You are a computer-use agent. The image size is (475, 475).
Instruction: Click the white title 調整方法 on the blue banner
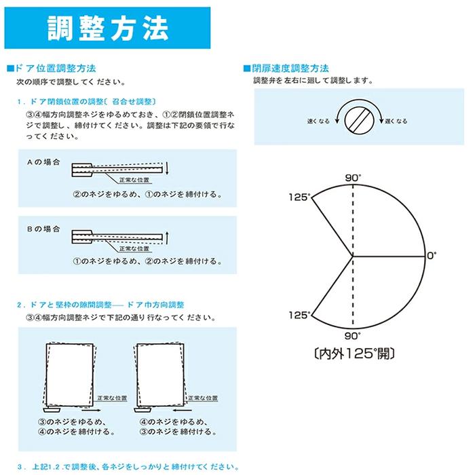(x=108, y=28)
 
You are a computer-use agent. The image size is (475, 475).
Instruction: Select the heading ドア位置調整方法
(x=55, y=68)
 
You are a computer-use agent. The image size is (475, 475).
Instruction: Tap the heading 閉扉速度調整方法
(x=290, y=68)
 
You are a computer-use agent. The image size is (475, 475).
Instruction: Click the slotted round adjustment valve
(x=359, y=120)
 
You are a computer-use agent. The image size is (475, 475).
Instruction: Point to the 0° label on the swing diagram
(x=432, y=256)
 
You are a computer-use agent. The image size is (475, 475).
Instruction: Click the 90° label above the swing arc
(x=353, y=178)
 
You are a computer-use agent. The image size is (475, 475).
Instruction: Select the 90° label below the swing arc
(x=352, y=336)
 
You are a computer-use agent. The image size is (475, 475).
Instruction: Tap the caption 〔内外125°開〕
(x=354, y=354)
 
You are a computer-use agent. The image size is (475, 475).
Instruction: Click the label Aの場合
(x=43, y=162)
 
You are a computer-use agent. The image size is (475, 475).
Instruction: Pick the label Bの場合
(x=43, y=229)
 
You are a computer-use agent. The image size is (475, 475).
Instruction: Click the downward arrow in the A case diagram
(x=167, y=168)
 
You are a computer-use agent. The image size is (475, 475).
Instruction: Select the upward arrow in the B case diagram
(x=167, y=237)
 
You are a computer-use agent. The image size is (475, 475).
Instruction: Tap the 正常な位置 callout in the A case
(x=134, y=180)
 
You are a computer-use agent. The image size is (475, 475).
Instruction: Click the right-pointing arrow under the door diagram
(x=91, y=410)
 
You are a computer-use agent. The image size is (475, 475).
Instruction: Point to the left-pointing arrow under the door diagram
(x=183, y=410)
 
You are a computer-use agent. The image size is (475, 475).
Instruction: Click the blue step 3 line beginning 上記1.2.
(x=128, y=467)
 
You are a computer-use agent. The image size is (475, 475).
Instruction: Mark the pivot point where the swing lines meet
(x=353, y=256)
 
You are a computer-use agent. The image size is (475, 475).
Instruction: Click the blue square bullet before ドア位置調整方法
(x=10, y=69)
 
